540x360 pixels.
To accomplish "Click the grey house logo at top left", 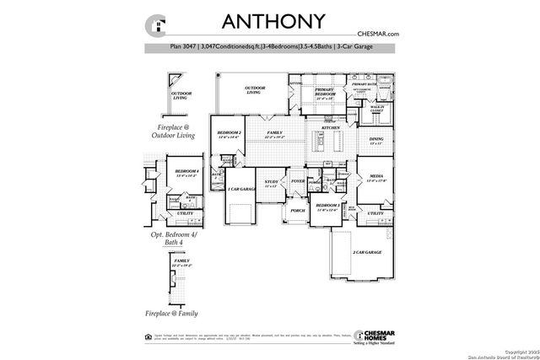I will tap(154, 24).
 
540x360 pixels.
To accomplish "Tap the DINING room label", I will tap(376, 140).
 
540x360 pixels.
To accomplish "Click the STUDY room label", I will tap(271, 181).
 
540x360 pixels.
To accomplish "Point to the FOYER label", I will tap(297, 180).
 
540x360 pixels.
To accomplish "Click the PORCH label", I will tap(297, 212).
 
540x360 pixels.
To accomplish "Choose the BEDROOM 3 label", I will tap(327, 207).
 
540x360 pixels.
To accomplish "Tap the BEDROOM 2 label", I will tap(229, 133).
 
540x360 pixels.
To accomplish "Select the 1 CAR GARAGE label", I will tap(242, 190).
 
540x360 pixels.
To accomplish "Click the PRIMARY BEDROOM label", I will tap(325, 91).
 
